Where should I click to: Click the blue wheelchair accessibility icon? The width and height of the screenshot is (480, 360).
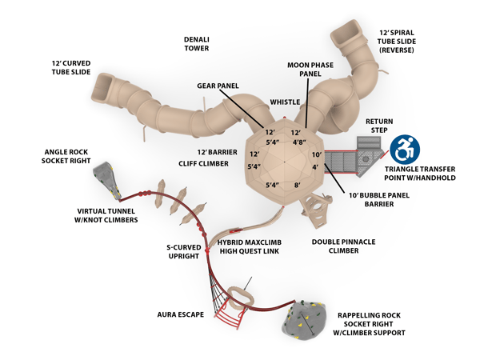pos(405,150)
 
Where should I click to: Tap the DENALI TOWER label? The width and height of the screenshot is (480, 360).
pos(197,44)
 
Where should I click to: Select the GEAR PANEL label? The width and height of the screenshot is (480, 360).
pos(218,86)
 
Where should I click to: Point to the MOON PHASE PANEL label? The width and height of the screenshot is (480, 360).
pos(310,70)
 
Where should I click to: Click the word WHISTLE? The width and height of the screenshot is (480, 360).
pos(285,102)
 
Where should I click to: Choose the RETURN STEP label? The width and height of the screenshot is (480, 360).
pos(379,126)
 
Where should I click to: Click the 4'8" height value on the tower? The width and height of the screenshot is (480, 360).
pos(299,142)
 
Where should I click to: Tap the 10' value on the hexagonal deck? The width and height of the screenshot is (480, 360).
pos(317,154)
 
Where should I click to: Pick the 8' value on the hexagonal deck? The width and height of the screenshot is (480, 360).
pos(298,185)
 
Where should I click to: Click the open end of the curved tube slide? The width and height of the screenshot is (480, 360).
pos(102,88)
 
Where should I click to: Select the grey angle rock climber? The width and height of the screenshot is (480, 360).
pos(107,181)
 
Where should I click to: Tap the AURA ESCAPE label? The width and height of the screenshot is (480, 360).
pos(180,314)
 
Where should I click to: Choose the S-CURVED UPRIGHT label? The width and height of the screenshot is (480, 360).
pos(184,252)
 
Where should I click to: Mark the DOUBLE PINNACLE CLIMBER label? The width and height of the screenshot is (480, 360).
pos(343,246)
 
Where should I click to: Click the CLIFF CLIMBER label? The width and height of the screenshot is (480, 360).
pos(203,164)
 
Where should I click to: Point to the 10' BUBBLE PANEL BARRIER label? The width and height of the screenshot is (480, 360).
pos(379,199)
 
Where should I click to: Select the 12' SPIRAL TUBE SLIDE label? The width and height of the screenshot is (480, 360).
pos(397,42)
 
